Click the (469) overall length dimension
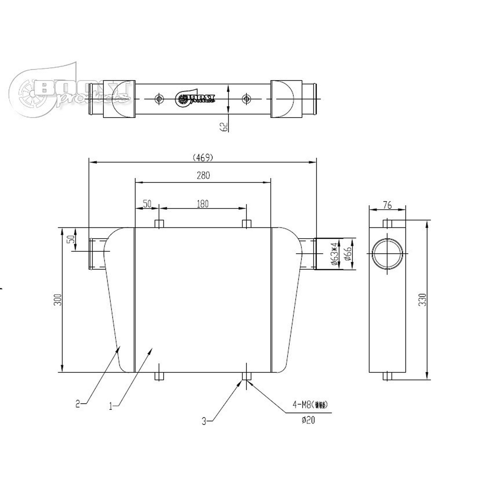click(x=203, y=157)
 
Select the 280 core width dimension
click(x=203, y=175)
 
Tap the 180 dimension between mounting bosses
click(x=203, y=204)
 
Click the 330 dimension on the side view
click(x=422, y=299)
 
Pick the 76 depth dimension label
click(x=387, y=205)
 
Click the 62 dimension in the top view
click(x=224, y=126)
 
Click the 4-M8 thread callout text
click(x=310, y=405)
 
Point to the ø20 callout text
click(x=308, y=420)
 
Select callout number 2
click(x=78, y=404)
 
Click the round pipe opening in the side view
click(x=387, y=253)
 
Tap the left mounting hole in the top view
click(x=159, y=99)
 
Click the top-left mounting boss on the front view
click(x=159, y=224)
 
